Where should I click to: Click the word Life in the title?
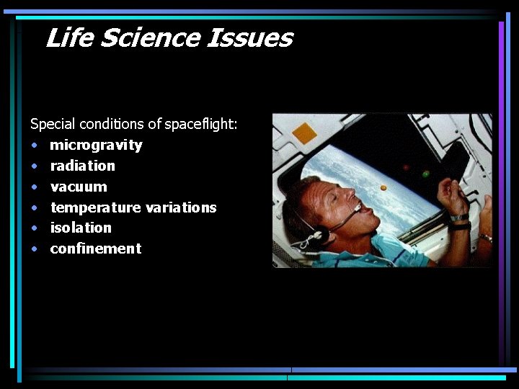tap(69, 37)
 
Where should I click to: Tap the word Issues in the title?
tap(249, 37)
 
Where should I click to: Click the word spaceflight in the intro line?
tap(201, 124)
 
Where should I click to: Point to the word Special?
tap(53, 124)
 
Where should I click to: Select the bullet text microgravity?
tap(96, 146)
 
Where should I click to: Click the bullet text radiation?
tap(82, 166)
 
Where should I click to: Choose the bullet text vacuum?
tap(79, 187)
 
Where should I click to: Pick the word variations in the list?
tap(181, 207)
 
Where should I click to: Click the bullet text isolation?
tap(81, 228)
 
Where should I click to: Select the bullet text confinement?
tap(95, 249)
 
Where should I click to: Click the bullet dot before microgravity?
tap(34, 146)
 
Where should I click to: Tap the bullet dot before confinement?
tap(34, 249)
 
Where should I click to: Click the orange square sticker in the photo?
tap(304, 133)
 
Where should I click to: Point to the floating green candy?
tap(426, 174)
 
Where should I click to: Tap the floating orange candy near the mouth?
tap(383, 188)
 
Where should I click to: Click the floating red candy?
tap(407, 167)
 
